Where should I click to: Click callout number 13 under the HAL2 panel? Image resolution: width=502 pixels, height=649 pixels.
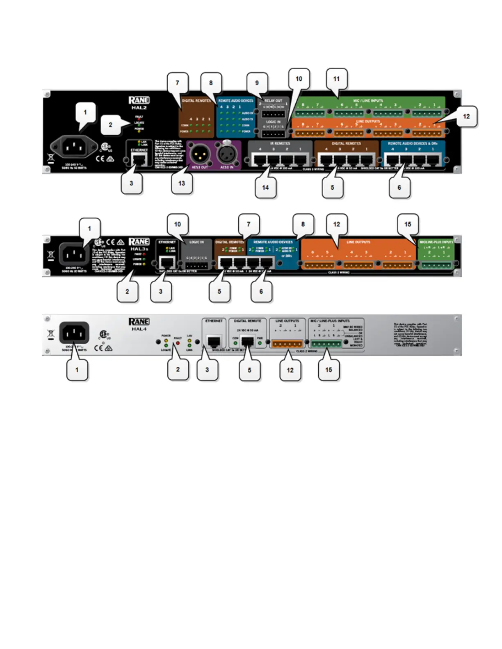tap(182, 184)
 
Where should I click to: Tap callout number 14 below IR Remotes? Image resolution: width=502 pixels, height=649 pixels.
tap(265, 188)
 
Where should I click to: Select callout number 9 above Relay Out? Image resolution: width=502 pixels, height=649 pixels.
tap(257, 83)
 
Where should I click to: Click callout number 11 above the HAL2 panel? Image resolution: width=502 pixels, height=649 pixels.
tap(336, 79)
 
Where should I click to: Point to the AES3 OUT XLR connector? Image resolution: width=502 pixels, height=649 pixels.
tap(199, 153)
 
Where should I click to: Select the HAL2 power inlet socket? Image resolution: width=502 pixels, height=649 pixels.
tap(74, 146)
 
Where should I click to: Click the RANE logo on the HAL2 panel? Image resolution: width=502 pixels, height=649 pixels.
tap(139, 100)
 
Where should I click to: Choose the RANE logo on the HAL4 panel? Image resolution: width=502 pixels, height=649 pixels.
tap(139, 322)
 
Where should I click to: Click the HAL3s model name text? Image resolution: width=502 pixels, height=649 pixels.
tap(139, 249)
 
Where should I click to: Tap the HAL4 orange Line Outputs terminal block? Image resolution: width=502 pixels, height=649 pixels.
tap(287, 344)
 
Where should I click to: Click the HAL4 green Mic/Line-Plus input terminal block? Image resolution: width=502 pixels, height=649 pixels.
tap(326, 344)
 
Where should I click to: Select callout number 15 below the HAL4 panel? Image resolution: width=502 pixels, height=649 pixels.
tap(329, 370)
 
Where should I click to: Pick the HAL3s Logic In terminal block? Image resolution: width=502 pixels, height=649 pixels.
tap(196, 265)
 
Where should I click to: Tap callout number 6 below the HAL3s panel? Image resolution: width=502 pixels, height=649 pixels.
tap(261, 292)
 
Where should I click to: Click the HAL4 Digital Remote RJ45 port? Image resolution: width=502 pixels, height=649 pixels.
tap(247, 341)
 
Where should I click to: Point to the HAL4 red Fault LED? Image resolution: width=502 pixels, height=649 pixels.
tap(178, 343)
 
